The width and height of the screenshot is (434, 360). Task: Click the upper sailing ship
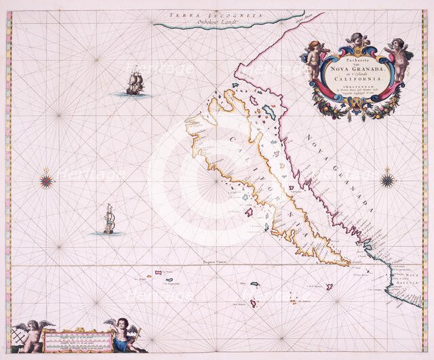(x=136, y=83)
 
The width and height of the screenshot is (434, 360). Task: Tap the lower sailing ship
(x=108, y=222)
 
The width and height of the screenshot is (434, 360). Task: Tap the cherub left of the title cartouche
(x=314, y=58)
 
